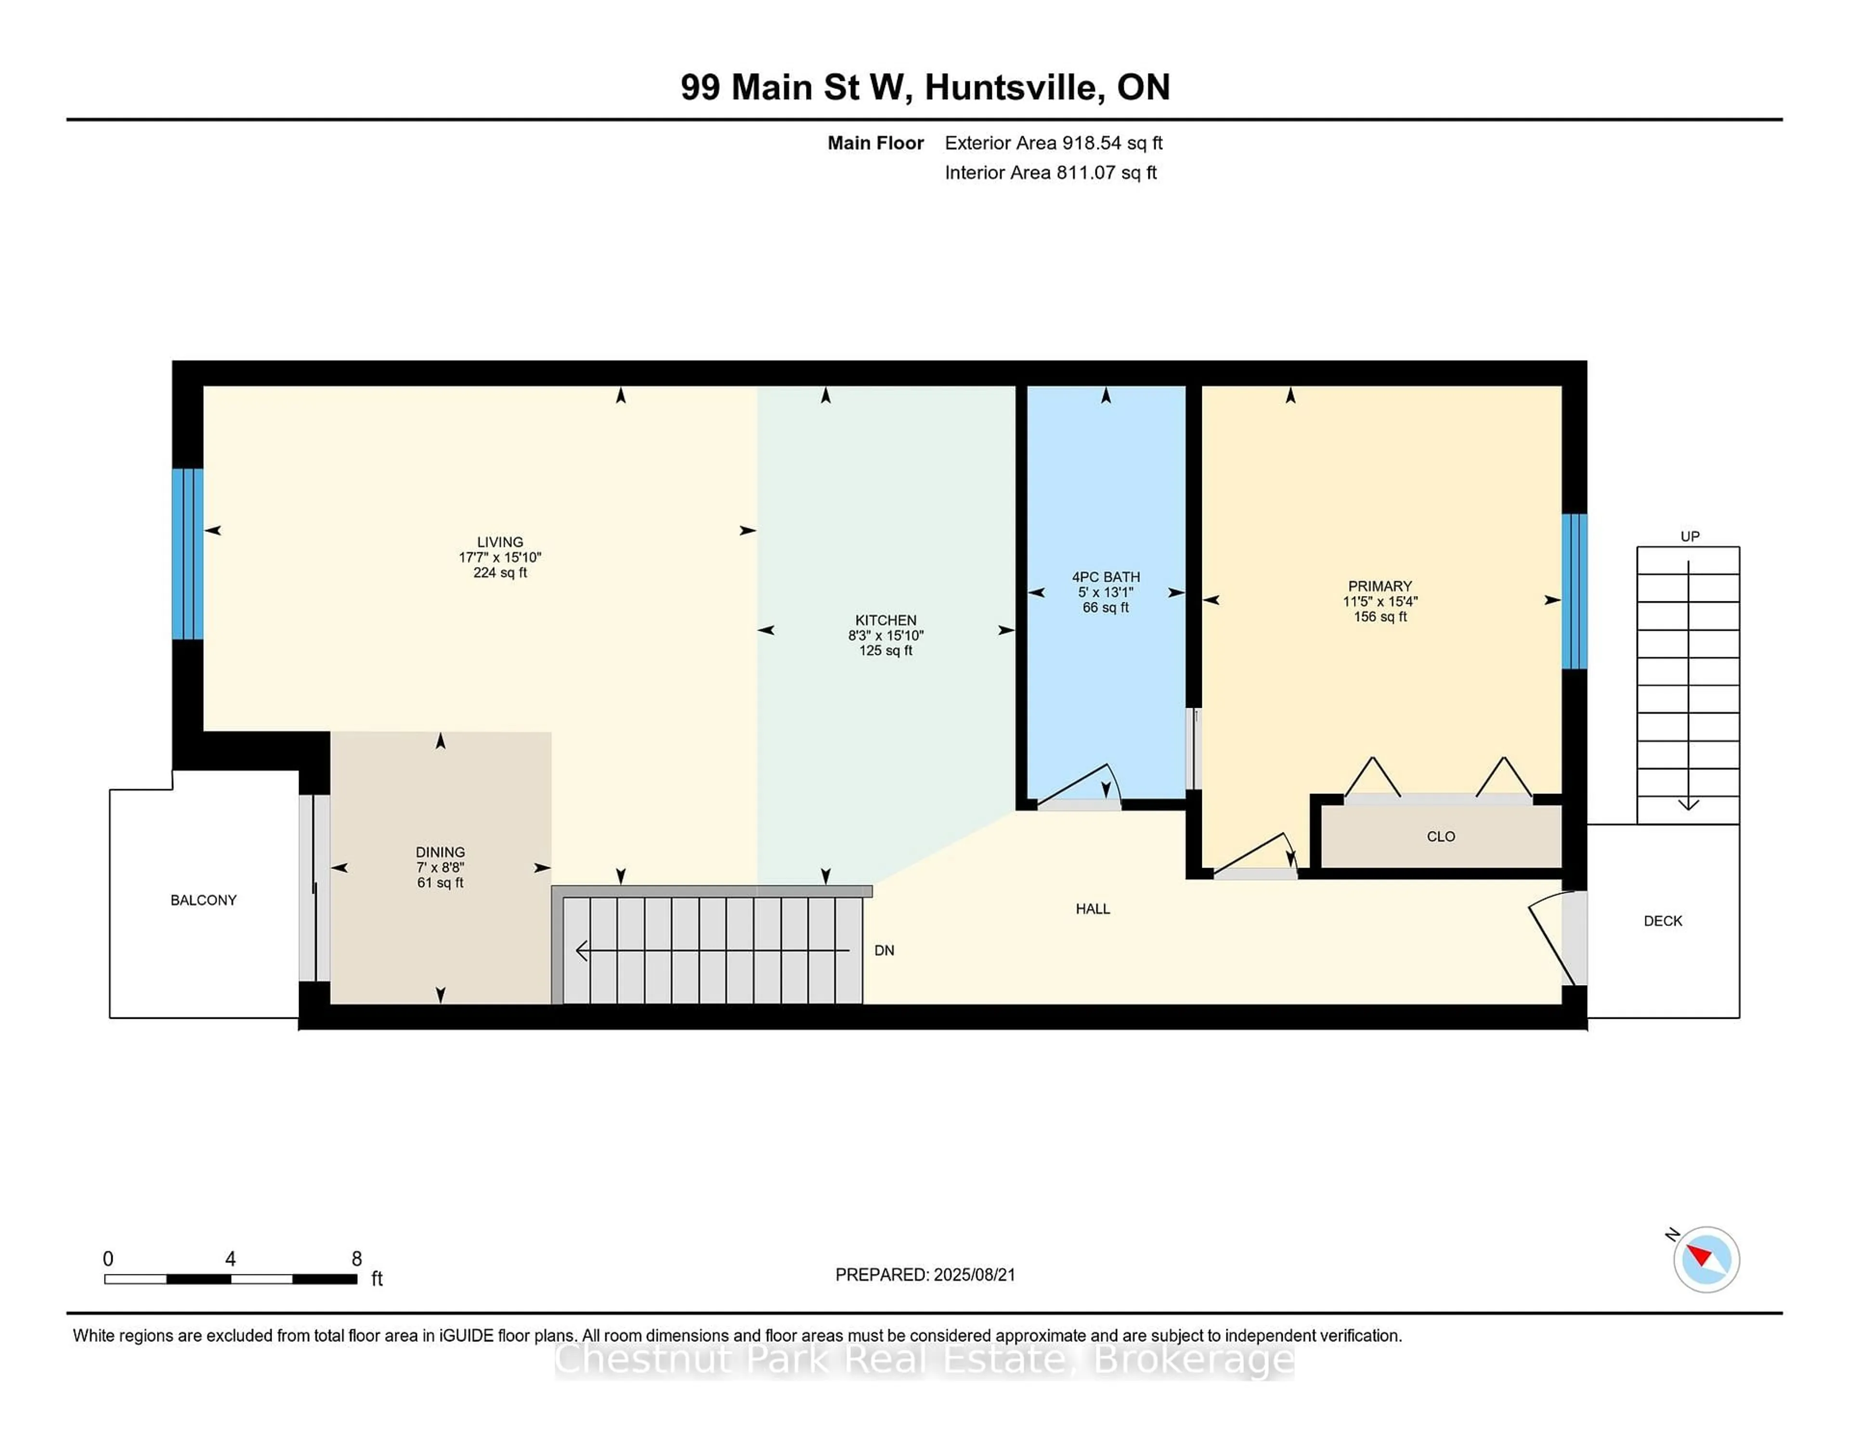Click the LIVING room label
tap(499, 542)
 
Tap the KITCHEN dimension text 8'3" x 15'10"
tap(885, 635)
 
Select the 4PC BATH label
tap(1106, 576)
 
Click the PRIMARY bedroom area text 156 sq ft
tap(1380, 616)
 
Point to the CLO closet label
tap(1440, 836)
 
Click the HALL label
tap(1092, 909)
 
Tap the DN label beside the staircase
tap(884, 950)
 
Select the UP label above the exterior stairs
tap(1689, 536)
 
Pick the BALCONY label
tap(203, 900)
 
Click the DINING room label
tap(440, 852)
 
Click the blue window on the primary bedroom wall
tap(1574, 591)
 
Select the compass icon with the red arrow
tap(1706, 1259)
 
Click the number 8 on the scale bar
tap(356, 1259)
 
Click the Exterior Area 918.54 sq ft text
tap(1053, 143)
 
